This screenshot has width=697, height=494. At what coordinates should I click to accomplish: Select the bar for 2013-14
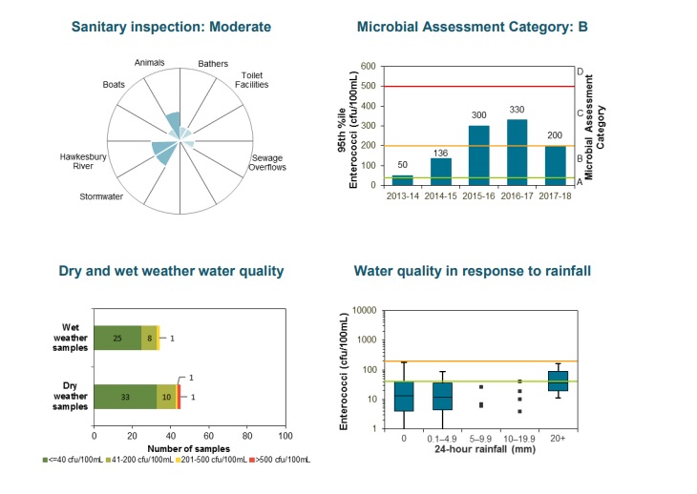pos(402,178)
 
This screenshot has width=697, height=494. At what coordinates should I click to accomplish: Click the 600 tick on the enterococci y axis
pos(369,68)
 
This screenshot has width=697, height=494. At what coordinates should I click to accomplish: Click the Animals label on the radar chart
pos(150,63)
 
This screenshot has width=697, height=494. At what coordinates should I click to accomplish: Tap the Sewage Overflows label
pos(268,163)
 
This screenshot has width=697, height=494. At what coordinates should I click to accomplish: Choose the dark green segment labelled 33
pos(124,396)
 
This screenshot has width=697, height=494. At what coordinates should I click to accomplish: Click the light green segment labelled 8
pos(149,338)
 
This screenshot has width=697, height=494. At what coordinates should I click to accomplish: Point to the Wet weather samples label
pos(69,338)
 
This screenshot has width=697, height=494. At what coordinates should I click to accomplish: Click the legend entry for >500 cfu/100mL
pos(283,460)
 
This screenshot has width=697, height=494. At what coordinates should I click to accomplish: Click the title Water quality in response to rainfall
pos(473,271)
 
